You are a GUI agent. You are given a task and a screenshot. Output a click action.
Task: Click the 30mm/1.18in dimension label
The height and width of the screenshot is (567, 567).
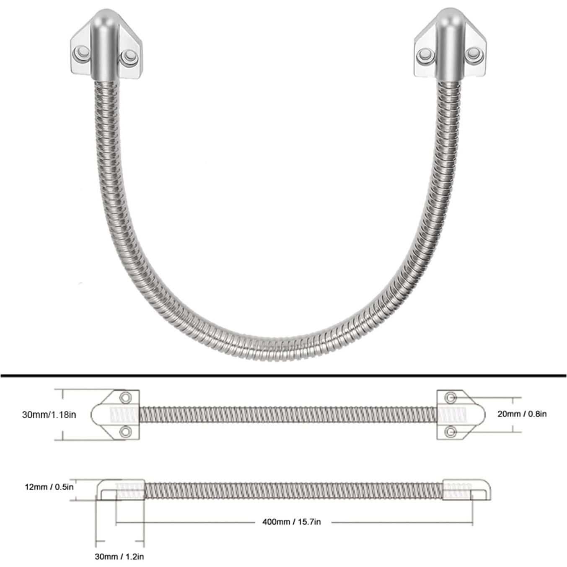coord(49,415)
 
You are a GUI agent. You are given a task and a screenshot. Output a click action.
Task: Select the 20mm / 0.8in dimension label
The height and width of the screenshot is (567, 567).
coord(522,414)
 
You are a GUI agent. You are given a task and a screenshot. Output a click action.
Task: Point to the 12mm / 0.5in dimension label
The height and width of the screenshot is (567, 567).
coord(49,487)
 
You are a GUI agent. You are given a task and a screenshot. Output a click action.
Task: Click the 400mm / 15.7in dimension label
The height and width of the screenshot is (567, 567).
coord(292,522)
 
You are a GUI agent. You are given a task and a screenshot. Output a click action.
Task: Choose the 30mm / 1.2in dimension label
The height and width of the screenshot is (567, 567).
coord(119,557)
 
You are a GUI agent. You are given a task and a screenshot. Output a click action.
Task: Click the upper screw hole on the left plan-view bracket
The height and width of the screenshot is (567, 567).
coord(125,397)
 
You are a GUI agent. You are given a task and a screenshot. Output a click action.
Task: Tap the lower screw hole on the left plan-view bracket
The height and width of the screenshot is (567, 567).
coord(125,432)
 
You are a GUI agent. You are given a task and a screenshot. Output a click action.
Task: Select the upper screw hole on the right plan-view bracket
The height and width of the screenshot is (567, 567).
coord(450,397)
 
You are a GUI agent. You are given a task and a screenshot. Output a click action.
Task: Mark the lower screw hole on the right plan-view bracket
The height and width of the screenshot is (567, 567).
coord(450,431)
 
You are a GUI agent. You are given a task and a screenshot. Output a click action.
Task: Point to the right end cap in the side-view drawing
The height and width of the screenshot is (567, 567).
coord(466,489)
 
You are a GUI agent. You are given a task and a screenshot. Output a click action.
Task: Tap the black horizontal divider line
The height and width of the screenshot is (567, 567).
coord(283,375)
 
